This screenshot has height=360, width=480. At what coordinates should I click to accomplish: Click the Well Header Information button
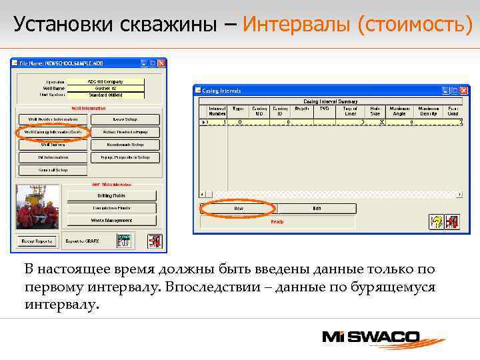[53, 119]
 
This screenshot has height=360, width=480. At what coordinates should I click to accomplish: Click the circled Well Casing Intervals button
[53, 132]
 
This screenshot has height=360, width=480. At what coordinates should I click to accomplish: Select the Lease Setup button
[125, 119]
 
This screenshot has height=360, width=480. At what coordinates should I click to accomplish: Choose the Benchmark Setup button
[125, 145]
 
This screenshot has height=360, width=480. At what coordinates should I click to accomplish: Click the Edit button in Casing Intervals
[317, 209]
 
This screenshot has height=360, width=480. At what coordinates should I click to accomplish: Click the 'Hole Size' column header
[377, 111]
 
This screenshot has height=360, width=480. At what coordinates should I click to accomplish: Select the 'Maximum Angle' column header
[399, 111]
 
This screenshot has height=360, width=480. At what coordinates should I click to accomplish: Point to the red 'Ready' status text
[277, 221]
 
